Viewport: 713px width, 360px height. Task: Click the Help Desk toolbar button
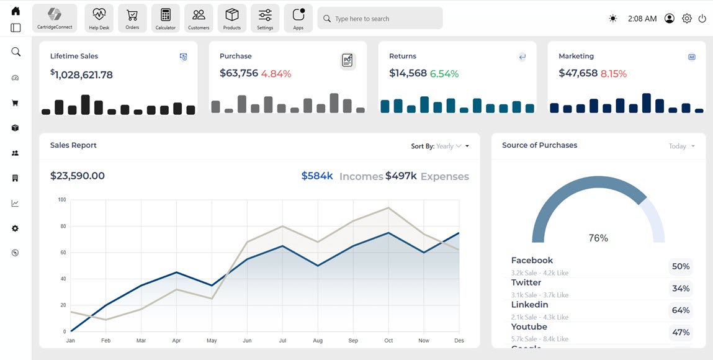99,18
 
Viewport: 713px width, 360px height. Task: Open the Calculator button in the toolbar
165,18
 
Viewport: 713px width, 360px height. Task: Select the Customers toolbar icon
199,18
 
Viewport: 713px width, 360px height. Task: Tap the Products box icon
232,18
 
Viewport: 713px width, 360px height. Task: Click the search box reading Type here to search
380,19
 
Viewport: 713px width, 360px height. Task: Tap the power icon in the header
702,19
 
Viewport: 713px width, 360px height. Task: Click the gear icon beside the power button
687,19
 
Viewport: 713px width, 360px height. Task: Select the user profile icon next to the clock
670,19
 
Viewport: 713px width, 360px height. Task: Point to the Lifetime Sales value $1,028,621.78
82,74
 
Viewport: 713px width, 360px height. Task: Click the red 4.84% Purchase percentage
276,74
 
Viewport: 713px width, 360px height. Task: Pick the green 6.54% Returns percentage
444,74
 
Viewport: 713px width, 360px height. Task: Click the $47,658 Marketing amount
578,73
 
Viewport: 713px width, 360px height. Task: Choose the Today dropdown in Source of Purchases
681,146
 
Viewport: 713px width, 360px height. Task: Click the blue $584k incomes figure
317,176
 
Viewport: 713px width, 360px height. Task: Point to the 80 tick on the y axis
62,227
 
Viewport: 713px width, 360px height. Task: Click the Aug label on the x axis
318,341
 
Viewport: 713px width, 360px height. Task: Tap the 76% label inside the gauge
598,238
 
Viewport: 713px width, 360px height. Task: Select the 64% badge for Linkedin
681,310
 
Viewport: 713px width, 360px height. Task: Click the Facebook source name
532,261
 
